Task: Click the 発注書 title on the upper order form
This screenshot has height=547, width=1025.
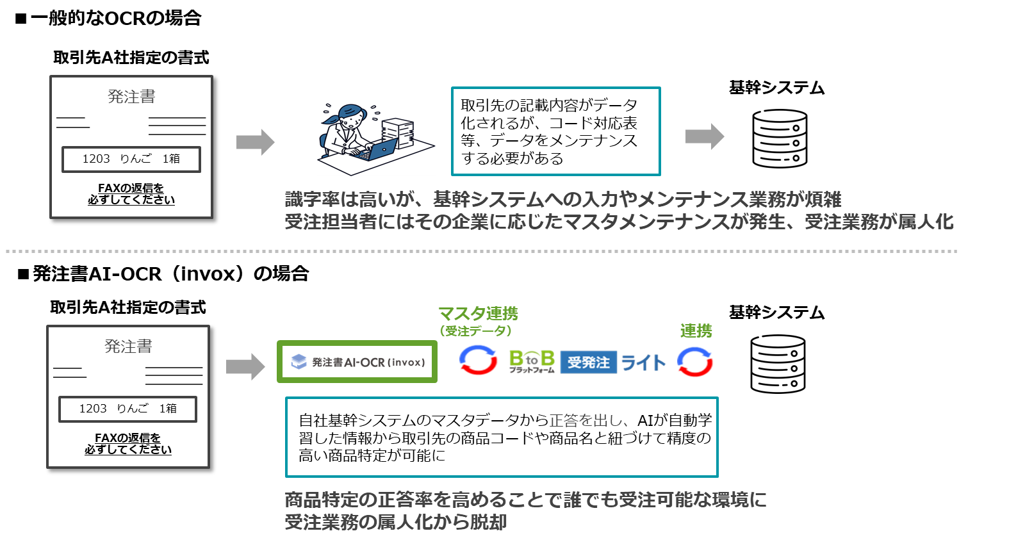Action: pos(131,97)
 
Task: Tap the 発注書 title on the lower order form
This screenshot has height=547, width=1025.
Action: pos(128,347)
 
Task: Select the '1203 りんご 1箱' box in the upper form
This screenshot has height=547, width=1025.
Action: pos(131,159)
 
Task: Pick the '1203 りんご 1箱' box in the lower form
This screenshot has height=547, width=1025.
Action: pos(127,409)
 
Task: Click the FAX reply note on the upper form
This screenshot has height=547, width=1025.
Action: pos(131,194)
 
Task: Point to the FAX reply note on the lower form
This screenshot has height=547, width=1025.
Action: pos(128,444)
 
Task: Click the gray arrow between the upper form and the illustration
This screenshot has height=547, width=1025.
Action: pos(255,142)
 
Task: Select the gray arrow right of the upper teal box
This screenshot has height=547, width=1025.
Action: pos(705,136)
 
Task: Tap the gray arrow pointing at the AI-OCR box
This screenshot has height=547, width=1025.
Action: pos(245,366)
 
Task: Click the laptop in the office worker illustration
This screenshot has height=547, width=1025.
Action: pos(380,150)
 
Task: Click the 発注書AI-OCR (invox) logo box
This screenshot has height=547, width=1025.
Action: pos(357,362)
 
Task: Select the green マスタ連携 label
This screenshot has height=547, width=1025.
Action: pos(478,314)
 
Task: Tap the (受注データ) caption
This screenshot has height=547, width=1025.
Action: pos(475,331)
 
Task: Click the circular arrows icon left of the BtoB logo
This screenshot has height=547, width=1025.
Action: pos(479,360)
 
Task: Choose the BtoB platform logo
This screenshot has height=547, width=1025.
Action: pos(531,361)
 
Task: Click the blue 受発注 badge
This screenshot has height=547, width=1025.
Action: pos(588,362)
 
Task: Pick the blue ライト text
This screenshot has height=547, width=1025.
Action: pos(643,363)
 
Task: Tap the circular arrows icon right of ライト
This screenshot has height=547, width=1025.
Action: pos(695,362)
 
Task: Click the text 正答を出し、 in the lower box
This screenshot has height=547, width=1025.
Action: pos(588,421)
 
